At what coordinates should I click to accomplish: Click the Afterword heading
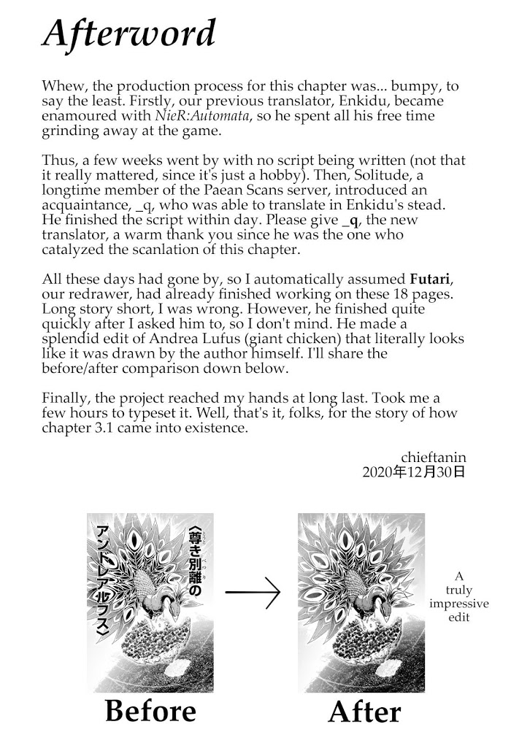click(x=129, y=34)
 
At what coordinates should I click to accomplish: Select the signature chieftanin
click(x=433, y=457)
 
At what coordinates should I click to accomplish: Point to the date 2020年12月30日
click(x=413, y=472)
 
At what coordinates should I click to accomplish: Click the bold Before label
click(x=150, y=711)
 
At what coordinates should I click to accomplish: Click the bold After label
click(x=364, y=712)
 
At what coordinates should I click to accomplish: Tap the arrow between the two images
click(x=253, y=593)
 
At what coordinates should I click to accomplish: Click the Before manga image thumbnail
click(x=150, y=603)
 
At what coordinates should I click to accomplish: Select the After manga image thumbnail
click(x=361, y=603)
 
